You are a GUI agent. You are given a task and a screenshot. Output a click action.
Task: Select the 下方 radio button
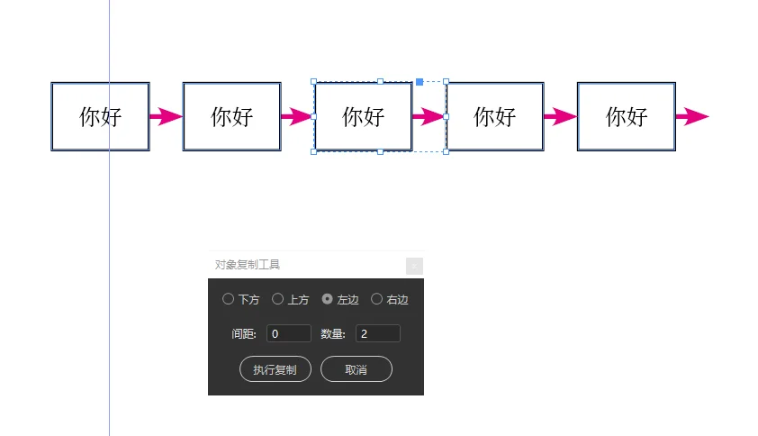(x=228, y=299)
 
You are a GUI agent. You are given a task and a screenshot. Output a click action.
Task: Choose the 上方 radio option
(x=277, y=299)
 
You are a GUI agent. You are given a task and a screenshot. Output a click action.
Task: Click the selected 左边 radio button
(x=327, y=299)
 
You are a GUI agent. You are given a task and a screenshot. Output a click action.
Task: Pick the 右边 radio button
(x=376, y=299)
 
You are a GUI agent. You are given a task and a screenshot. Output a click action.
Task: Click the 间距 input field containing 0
(x=288, y=334)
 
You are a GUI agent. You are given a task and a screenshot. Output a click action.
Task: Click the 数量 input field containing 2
(x=377, y=334)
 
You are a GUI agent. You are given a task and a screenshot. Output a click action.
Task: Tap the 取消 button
(x=356, y=369)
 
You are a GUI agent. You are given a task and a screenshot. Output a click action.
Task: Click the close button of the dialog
(x=414, y=266)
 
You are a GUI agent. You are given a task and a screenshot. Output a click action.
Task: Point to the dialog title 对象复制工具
(x=248, y=265)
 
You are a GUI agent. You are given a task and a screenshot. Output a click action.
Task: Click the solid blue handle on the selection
(x=420, y=82)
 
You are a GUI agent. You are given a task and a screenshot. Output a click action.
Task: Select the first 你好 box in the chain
(x=100, y=116)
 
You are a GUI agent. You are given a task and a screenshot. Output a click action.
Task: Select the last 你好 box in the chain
(x=626, y=116)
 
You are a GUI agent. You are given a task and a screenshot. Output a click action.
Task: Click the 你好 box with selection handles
(x=363, y=116)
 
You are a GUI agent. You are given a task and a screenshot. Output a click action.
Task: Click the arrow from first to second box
(x=166, y=116)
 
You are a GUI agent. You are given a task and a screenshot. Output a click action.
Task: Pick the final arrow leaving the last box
(x=692, y=116)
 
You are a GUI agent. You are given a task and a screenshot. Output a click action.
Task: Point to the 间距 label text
(x=244, y=334)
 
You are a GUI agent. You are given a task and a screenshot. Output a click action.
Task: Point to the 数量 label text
(x=333, y=334)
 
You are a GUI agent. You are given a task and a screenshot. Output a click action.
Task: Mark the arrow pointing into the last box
(x=560, y=116)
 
